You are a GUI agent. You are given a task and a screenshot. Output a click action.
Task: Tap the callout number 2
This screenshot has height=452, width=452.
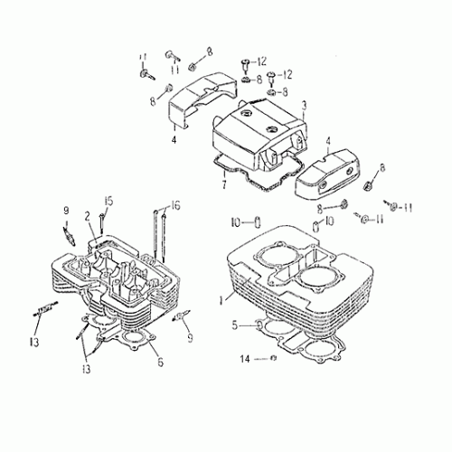click(88, 216)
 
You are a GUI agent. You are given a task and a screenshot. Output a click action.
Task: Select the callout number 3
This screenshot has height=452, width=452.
click(279, 105)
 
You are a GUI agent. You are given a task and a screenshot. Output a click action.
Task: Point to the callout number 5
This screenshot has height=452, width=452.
click(233, 324)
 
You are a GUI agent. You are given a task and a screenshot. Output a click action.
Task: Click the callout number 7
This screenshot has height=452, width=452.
click(223, 185)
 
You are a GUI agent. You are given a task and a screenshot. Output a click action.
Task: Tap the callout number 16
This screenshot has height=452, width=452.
click(175, 204)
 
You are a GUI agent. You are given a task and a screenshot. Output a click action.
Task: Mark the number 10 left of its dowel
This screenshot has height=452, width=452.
click(233, 221)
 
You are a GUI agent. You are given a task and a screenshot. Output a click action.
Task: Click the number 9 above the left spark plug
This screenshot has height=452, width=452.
click(65, 212)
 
